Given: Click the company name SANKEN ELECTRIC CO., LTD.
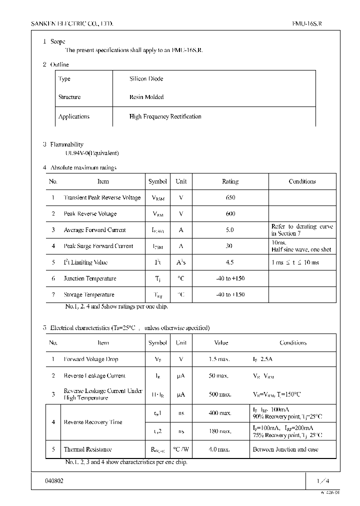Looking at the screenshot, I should pyautogui.click(x=72, y=23).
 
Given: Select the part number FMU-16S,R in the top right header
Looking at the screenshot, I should pyautogui.click(x=310, y=23).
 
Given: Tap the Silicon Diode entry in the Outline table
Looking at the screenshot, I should pyautogui.click(x=146, y=79).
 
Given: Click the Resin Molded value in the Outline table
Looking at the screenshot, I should pyautogui.click(x=146, y=97).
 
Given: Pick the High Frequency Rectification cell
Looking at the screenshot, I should pyautogui.click(x=165, y=116).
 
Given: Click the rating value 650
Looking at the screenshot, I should pyautogui.click(x=230, y=197).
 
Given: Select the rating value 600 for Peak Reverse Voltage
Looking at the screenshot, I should pyautogui.click(x=230, y=213).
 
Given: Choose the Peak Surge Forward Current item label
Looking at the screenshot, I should pyautogui.click(x=98, y=246).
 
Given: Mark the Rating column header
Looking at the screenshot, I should pyautogui.click(x=230, y=181).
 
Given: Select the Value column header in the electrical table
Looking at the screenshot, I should pyautogui.click(x=220, y=343).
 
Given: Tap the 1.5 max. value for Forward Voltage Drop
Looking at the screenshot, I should pyautogui.click(x=219, y=359).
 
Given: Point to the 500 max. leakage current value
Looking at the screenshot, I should pyautogui.click(x=220, y=394).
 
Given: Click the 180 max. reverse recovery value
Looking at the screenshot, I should pyautogui.click(x=220, y=431).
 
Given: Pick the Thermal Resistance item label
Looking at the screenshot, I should pyautogui.click(x=87, y=449).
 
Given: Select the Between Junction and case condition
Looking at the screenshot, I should pyautogui.click(x=285, y=449).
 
